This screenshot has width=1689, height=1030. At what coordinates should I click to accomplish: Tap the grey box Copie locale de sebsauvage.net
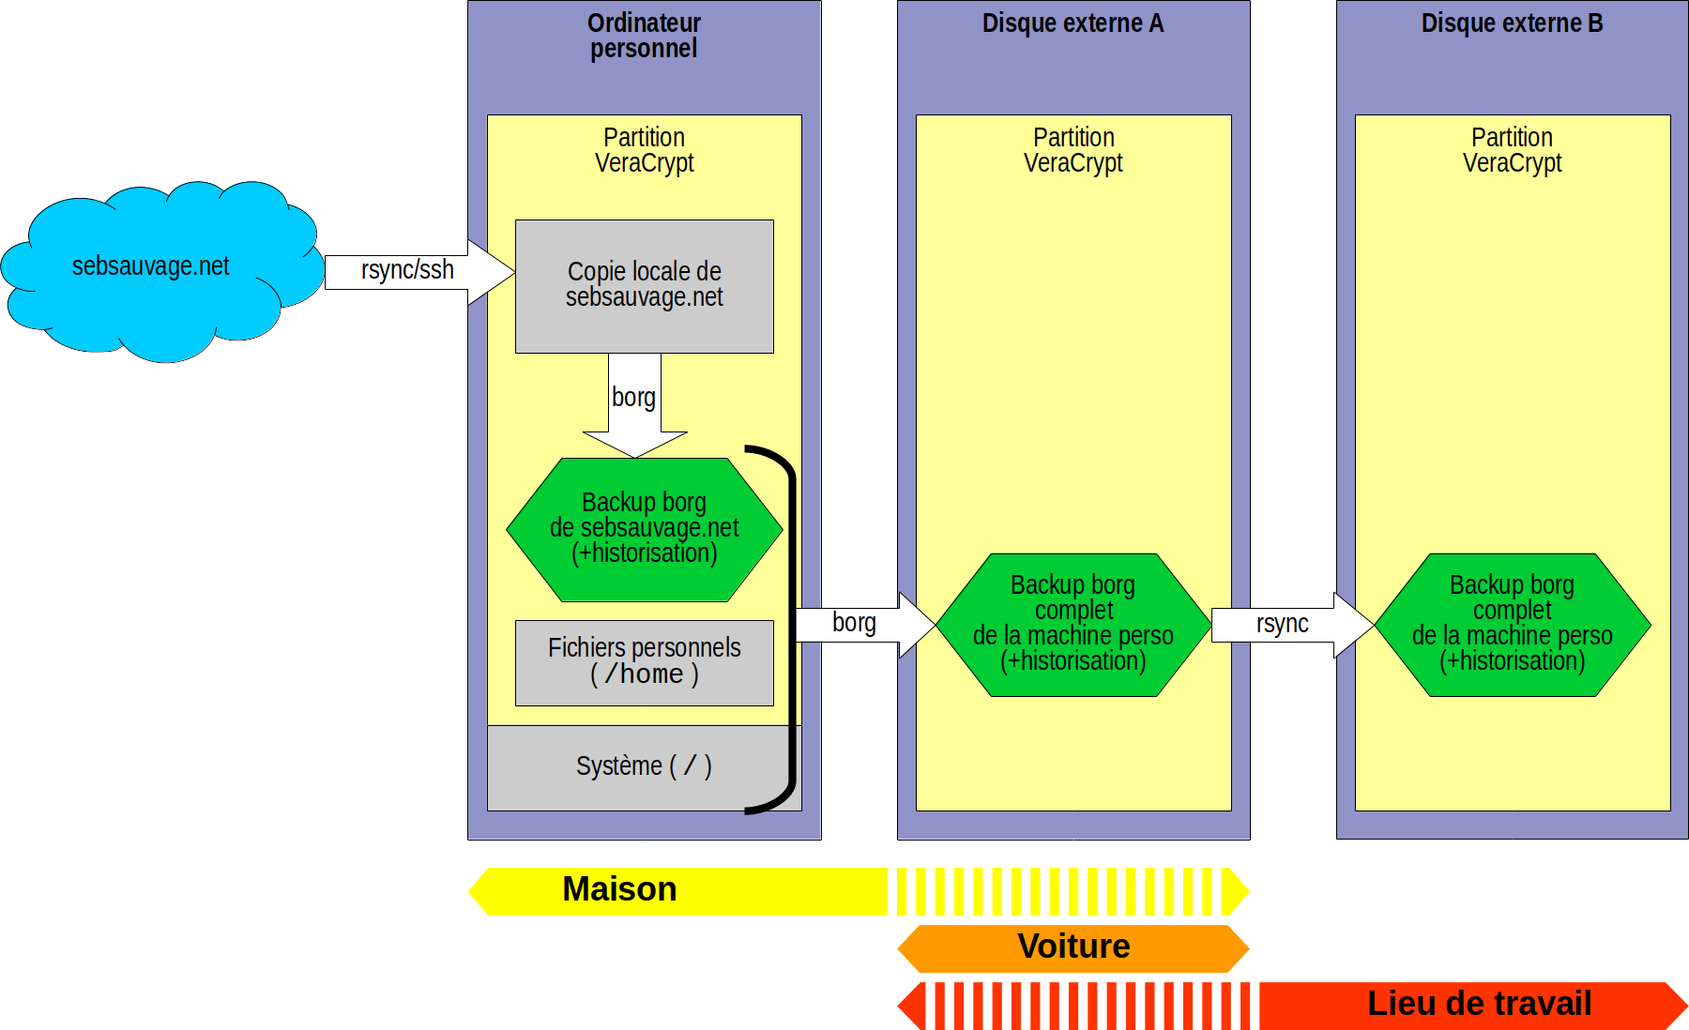[644, 285]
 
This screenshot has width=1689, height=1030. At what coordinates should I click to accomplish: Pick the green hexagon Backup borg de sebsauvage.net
[644, 529]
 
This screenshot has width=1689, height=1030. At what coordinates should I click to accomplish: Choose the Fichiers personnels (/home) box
[644, 662]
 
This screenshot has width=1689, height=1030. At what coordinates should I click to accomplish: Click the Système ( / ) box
[644, 766]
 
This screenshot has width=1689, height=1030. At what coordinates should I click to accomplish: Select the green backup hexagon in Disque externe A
[1073, 624]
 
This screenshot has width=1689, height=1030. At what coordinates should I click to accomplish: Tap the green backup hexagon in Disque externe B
[1512, 624]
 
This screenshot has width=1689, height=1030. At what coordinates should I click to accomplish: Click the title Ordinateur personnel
[644, 36]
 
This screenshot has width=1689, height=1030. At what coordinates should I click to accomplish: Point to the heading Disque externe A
[1073, 23]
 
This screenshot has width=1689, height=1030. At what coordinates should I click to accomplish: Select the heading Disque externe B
[1512, 23]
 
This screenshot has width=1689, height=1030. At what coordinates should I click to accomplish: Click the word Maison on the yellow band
[619, 889]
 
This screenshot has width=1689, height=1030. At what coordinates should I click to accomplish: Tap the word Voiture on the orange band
[1073, 947]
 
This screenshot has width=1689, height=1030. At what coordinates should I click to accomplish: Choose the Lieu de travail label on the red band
[1479, 1004]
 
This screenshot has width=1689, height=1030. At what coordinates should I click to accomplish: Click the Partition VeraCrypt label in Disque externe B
[1512, 150]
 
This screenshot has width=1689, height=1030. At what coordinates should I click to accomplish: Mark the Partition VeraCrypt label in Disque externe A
[1073, 150]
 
